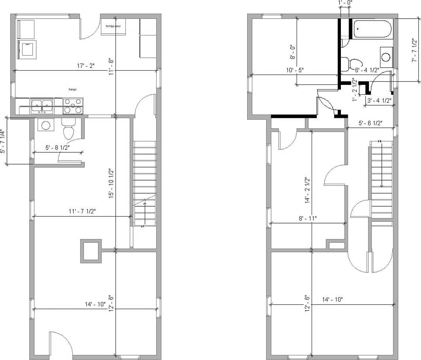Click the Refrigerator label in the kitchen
point(113,26)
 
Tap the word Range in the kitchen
point(72,89)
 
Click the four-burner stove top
point(73,106)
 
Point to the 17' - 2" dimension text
point(86,66)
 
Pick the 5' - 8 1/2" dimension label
point(57,148)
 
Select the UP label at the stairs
point(143,226)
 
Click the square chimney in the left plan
point(90,251)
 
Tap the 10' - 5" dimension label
point(295,70)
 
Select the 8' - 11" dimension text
point(308,218)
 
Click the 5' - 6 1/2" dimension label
point(370,123)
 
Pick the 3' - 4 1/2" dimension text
point(379,100)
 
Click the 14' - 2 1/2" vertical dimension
point(307,190)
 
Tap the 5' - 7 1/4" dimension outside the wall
point(3,141)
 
